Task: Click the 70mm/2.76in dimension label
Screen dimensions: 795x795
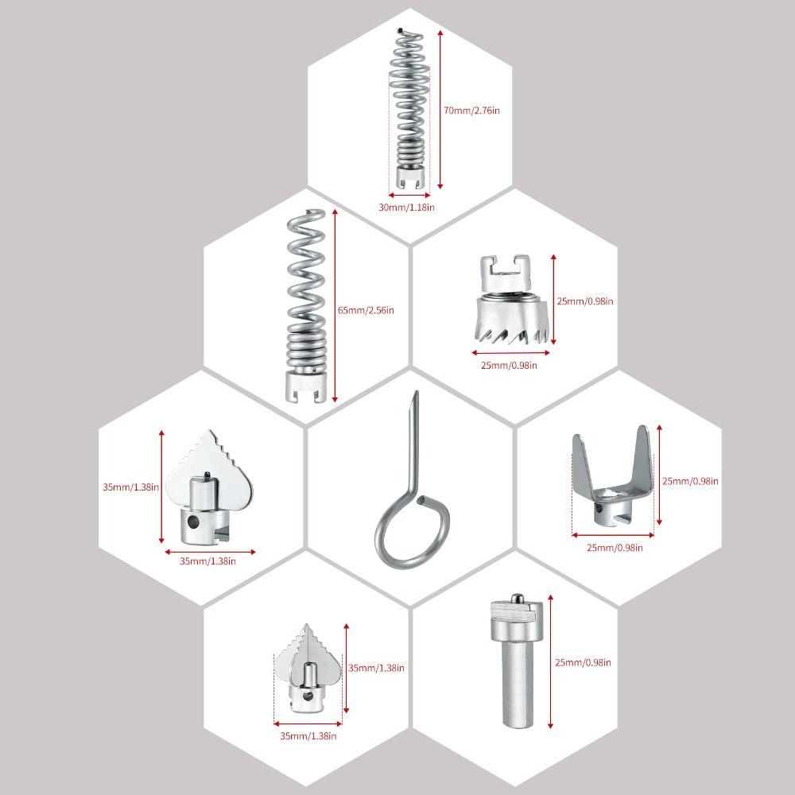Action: (x=471, y=110)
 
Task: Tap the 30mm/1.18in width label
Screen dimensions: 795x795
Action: (x=406, y=207)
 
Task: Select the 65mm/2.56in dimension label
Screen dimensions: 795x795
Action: (x=366, y=310)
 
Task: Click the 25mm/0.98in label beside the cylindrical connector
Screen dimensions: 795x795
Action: (x=583, y=662)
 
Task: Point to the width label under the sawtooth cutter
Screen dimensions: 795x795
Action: (x=509, y=365)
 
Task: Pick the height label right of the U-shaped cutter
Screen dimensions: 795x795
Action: (x=690, y=481)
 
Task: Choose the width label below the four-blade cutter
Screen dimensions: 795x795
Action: (x=308, y=735)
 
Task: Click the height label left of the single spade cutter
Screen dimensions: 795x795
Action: (x=131, y=487)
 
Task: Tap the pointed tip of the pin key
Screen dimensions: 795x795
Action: (x=417, y=392)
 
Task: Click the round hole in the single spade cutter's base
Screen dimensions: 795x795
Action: (x=192, y=521)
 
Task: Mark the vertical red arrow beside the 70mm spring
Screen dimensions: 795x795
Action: (x=440, y=109)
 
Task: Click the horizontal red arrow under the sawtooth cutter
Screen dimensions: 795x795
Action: (x=510, y=352)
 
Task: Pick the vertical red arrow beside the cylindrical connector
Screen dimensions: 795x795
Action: (x=551, y=661)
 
